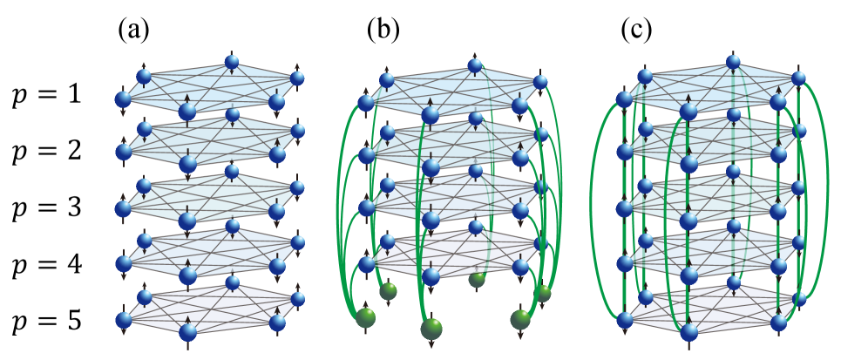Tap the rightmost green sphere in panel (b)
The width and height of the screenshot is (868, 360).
543,293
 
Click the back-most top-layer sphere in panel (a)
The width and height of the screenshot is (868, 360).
232,62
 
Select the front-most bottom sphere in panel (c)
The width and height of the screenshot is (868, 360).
688,331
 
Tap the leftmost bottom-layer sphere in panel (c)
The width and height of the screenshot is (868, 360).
625,321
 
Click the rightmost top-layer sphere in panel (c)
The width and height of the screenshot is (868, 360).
799,79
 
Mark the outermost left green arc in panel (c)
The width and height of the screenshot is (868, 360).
594,209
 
